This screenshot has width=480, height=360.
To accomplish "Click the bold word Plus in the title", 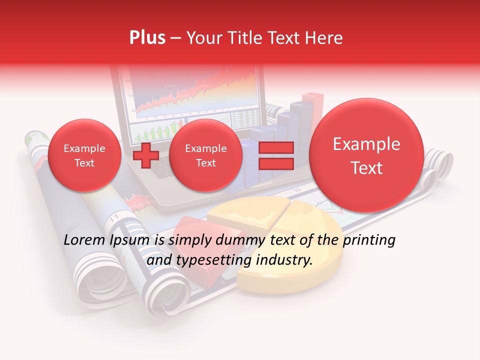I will (x=147, y=38).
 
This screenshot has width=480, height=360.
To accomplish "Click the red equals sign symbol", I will (x=275, y=155).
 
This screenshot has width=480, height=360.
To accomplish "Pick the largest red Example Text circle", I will (x=366, y=155).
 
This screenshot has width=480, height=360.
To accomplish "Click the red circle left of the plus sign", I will (x=84, y=155).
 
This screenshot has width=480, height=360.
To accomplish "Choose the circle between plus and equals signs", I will (x=205, y=155).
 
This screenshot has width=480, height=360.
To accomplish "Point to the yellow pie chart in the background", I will (x=280, y=235).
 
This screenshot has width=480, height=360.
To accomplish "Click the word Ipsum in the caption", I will (x=131, y=240).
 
